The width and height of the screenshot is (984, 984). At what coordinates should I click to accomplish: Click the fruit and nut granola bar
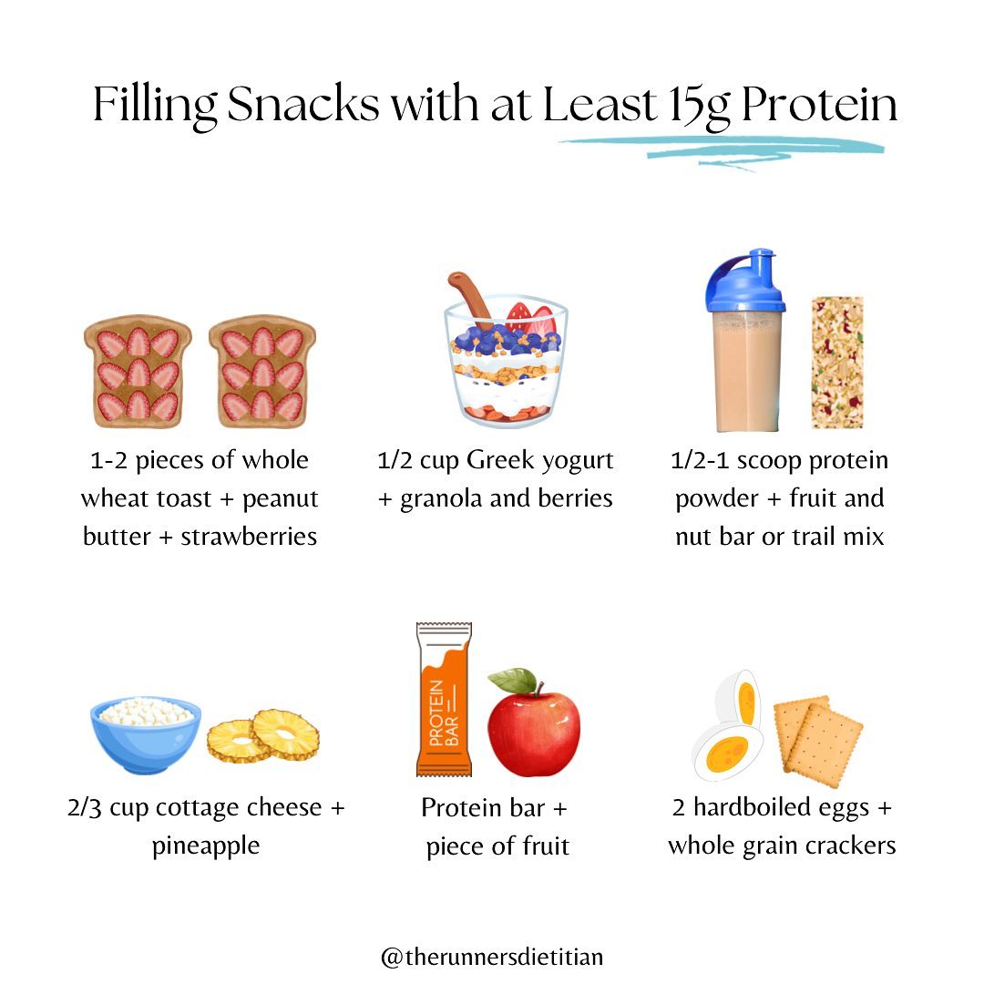[x=836, y=363]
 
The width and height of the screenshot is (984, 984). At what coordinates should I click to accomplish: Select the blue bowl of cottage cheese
[x=146, y=733]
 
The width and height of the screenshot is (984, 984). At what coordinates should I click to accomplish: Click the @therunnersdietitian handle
[x=492, y=958]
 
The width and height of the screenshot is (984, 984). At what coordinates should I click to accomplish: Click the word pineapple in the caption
[x=206, y=846]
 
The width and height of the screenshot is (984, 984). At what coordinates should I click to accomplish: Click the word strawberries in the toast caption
[x=249, y=537]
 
